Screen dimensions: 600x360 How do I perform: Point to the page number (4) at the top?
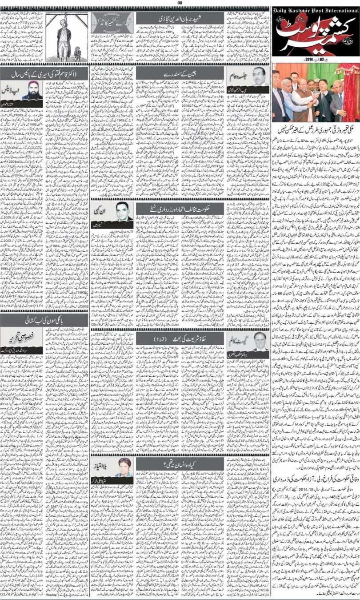(180, 3)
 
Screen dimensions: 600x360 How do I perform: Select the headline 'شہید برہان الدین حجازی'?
(180, 18)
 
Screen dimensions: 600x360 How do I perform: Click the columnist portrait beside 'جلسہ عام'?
(259, 76)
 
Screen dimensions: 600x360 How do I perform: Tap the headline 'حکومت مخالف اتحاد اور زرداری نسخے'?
(180, 208)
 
